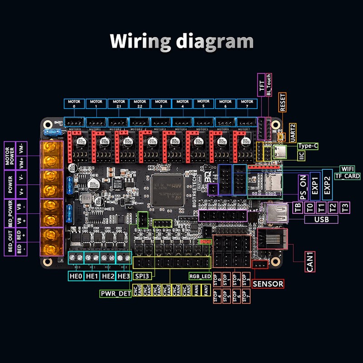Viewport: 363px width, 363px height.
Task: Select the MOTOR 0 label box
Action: click(74, 104)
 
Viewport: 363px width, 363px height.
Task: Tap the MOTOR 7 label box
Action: click(247, 104)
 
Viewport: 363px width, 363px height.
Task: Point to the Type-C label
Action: click(308, 146)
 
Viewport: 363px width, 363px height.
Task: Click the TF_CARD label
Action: click(348, 176)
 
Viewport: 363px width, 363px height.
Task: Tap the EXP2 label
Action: click(328, 185)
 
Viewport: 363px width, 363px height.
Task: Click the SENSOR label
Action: click(268, 284)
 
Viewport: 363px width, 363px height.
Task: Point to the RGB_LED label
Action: click(200, 275)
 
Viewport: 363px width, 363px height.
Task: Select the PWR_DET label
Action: click(116, 294)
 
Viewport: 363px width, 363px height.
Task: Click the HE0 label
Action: click(75, 275)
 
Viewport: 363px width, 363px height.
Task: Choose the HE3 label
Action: click(123, 275)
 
